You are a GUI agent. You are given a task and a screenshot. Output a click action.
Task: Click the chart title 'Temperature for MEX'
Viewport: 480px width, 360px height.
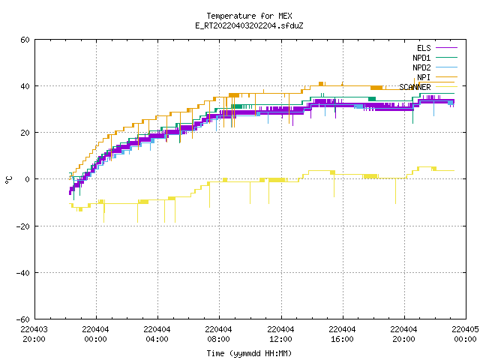(x=249, y=16)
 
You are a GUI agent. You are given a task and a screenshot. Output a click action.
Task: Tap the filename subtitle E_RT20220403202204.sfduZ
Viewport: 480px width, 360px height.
(x=249, y=25)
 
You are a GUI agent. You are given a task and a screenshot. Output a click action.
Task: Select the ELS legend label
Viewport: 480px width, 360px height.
(x=424, y=48)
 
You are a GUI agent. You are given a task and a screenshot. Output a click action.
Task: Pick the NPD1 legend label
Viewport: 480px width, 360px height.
(x=421, y=58)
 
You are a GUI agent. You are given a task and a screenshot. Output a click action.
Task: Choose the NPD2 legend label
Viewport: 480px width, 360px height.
(x=421, y=67)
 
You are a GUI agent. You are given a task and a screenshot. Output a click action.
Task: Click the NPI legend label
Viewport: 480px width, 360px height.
(x=424, y=77)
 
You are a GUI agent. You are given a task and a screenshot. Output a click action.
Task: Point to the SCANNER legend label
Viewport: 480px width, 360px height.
(x=415, y=87)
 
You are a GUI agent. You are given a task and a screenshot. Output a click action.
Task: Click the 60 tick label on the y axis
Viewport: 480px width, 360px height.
(x=25, y=40)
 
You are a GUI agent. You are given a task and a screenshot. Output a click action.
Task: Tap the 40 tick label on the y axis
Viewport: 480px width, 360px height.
(x=25, y=86)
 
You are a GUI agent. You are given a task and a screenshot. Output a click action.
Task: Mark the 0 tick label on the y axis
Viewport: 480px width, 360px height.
(x=28, y=179)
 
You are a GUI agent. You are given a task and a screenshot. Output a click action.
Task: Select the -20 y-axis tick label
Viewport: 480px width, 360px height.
(x=23, y=226)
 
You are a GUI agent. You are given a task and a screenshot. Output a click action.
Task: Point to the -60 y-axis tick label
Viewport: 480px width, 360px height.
(x=23, y=319)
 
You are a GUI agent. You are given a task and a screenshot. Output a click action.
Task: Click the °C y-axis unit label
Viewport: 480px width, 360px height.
(x=8, y=180)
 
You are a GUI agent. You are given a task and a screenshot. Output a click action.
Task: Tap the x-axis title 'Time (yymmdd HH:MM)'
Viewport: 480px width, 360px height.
(x=249, y=353)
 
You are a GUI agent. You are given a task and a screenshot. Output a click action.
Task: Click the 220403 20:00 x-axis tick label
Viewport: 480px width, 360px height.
(x=34, y=334)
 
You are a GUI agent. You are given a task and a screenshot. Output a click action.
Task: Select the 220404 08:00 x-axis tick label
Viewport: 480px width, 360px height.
(x=219, y=334)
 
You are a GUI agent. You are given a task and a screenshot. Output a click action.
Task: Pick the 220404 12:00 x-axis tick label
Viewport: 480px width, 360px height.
(x=280, y=334)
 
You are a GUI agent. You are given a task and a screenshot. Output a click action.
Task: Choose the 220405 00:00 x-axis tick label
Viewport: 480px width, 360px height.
(x=465, y=334)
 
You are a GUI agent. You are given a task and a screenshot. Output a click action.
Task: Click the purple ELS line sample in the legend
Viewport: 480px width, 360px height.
(x=446, y=48)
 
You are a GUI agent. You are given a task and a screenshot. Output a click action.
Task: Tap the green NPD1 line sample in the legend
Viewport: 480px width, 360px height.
(x=446, y=57)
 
